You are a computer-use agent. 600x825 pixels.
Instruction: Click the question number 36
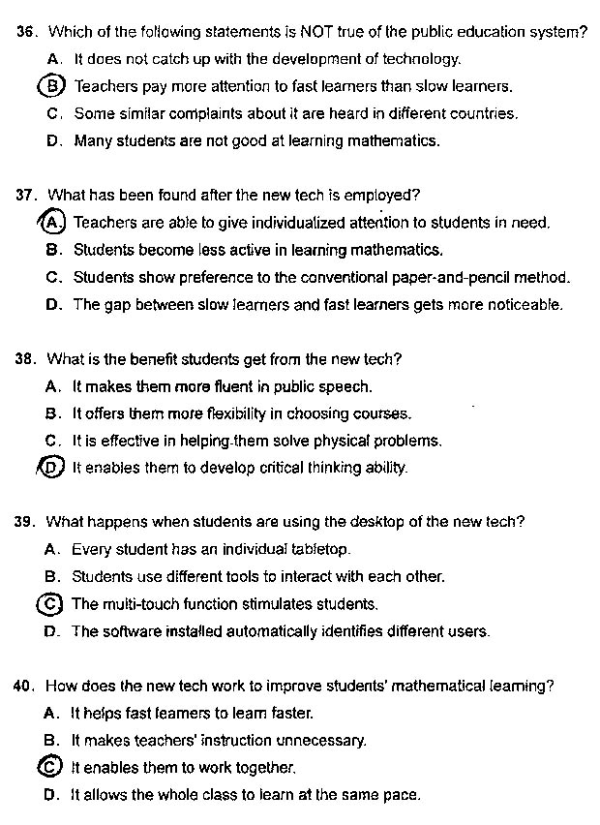27,31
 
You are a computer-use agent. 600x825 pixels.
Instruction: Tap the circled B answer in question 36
54,85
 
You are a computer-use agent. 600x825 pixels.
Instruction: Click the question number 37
27,195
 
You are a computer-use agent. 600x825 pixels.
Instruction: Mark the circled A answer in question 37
53,222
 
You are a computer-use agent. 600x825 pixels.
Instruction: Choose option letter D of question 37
53,304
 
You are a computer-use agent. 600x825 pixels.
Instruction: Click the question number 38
26,359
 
